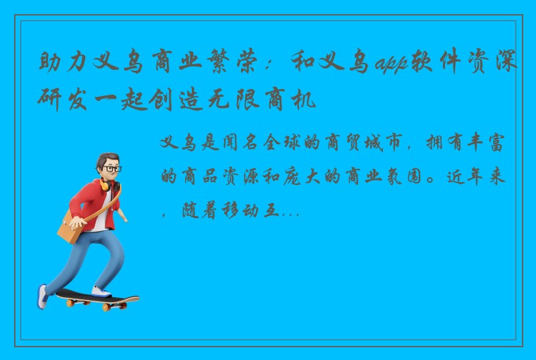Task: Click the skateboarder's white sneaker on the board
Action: [x=101, y=291]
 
